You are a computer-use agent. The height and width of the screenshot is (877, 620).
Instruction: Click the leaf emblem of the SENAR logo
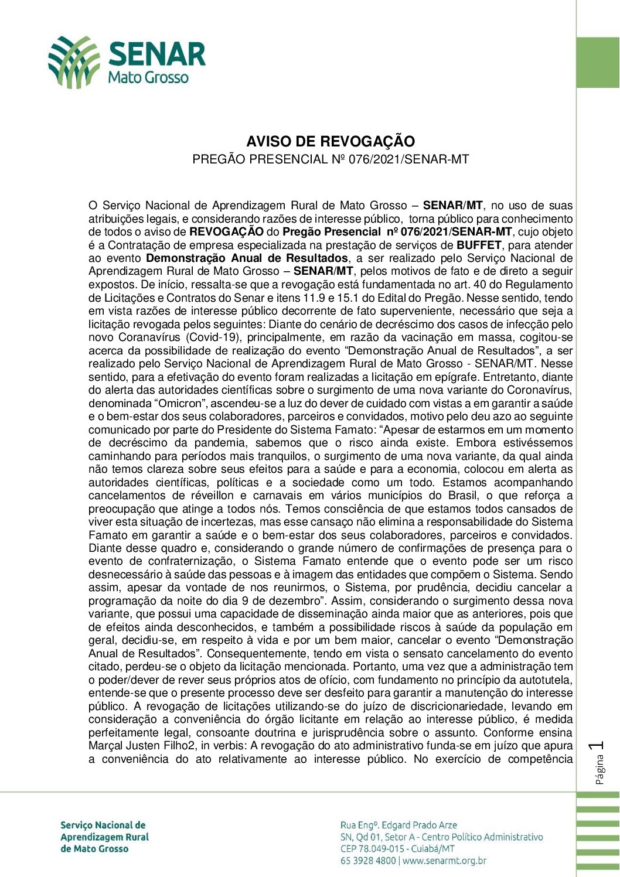(x=73, y=62)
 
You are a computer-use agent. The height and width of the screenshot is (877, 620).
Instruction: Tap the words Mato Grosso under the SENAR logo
(x=148, y=77)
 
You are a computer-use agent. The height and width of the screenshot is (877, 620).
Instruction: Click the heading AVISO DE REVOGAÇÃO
(x=331, y=141)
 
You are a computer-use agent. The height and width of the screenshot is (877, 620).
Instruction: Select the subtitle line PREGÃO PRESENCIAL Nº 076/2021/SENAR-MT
(x=331, y=159)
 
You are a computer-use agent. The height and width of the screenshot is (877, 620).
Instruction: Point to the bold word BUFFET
(x=479, y=245)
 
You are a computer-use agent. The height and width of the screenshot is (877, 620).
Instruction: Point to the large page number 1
(x=599, y=746)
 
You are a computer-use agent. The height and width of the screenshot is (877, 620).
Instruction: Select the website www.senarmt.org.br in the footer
(x=445, y=861)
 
